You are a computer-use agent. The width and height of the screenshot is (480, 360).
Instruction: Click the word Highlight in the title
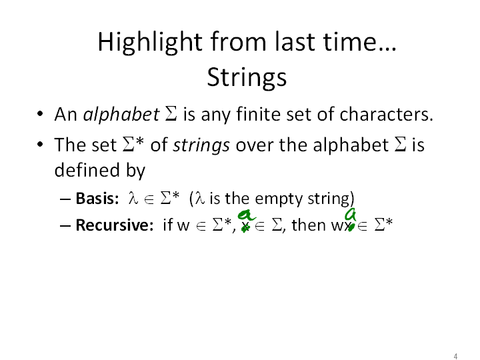pos(150,42)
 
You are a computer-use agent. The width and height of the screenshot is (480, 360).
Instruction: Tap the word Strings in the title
pos(247,78)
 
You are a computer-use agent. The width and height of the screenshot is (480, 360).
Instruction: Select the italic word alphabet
pos(121,114)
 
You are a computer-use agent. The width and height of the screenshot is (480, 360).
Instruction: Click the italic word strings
pos(201,145)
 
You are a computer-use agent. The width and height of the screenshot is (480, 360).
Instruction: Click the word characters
pos(386,114)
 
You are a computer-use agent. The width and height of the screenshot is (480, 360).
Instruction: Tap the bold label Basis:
pos(97,199)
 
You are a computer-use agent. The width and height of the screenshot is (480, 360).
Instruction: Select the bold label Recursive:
pos(115,225)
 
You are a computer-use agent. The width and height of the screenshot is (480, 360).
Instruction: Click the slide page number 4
pos(455,356)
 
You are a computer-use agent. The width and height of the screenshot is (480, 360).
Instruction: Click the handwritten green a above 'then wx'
pos(351,215)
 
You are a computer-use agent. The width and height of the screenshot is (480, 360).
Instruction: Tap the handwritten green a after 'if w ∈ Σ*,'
pos(246,215)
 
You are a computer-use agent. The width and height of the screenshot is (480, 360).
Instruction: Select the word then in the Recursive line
pos(309,225)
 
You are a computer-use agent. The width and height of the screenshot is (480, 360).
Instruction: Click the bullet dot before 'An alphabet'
pos(40,114)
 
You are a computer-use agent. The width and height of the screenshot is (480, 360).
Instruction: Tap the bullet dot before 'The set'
pos(40,145)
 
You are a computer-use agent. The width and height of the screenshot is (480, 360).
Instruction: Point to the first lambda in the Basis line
pos(133,198)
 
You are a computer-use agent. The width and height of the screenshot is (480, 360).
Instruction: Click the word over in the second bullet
pos(255,145)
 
